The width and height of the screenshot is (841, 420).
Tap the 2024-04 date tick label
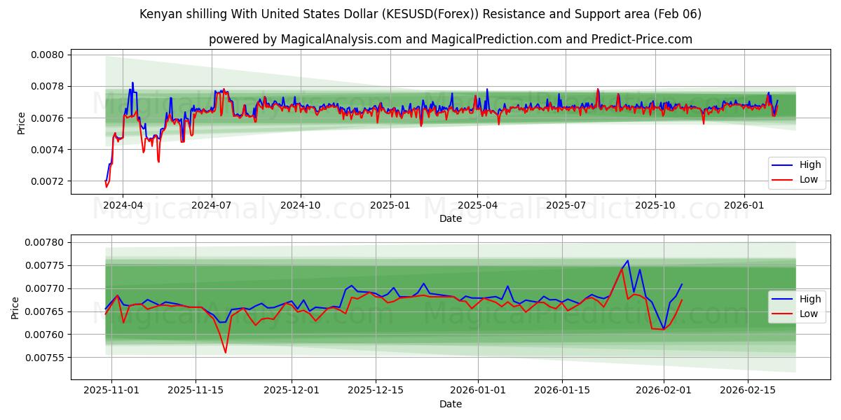123,205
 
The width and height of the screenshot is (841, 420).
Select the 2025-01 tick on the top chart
389,205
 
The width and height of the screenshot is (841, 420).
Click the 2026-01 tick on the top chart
744,205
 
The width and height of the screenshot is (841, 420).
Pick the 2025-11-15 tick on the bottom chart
195,391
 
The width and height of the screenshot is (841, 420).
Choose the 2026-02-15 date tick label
747,391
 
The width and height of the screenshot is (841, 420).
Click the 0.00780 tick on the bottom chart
46,242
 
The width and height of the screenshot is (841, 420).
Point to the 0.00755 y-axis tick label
46,358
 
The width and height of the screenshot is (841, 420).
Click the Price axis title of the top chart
21,122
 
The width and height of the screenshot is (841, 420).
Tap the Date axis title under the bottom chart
450,404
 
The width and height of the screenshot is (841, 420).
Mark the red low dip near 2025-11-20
225,352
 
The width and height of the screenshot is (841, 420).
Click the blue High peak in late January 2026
627,260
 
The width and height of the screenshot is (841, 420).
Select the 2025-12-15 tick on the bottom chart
376,391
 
